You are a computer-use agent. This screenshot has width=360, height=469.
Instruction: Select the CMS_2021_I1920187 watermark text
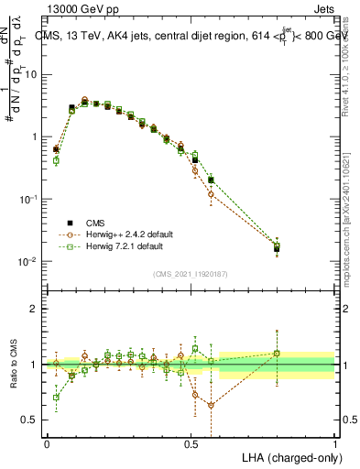click(191, 273)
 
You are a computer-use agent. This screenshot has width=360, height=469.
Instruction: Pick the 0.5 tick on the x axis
click(191, 443)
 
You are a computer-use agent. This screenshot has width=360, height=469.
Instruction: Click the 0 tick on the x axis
click(48, 443)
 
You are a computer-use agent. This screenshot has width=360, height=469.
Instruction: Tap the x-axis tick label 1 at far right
click(335, 443)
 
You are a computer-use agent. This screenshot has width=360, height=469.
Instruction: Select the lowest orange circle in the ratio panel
click(211, 405)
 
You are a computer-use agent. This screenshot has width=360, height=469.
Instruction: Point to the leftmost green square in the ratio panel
click(57, 398)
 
